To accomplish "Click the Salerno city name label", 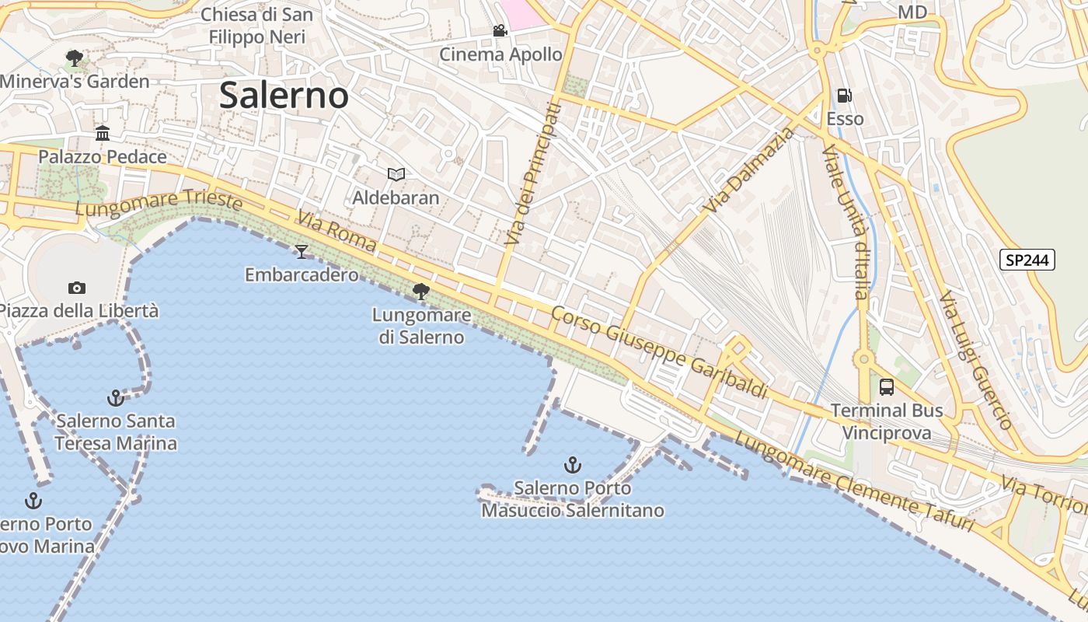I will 284,96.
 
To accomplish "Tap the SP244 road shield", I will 1027,260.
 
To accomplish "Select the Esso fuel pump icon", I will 844,96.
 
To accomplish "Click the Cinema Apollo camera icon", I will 500,31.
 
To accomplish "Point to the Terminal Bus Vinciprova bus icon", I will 886,386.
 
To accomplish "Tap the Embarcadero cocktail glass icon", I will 302,251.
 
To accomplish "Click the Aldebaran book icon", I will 396,174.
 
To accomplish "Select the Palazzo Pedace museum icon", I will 103,134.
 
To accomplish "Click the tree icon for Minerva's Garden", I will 75,58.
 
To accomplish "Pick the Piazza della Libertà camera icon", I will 76,288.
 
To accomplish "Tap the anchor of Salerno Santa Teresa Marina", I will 116,398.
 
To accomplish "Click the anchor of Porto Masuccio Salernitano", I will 572,465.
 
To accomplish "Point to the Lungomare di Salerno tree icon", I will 421,292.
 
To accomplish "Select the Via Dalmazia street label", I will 749,169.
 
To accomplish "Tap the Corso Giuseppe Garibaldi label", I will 659,351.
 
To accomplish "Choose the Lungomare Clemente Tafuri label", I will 853,482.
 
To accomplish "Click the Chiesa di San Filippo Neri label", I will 257,26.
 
